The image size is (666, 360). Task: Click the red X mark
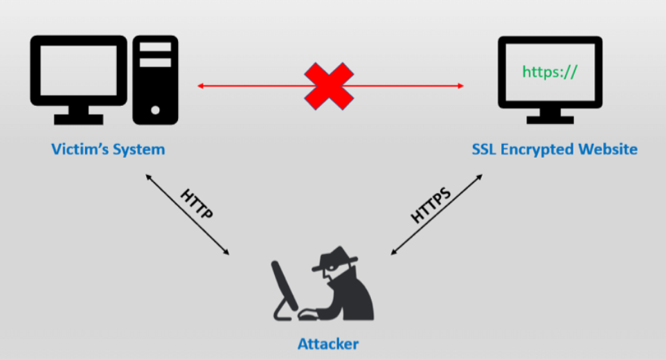(329, 86)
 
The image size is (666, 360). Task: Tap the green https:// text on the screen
(550, 72)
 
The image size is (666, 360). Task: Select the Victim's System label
(108, 150)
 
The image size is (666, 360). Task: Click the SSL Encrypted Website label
(555, 150)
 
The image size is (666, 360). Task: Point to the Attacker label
(328, 343)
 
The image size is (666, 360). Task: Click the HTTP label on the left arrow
(197, 204)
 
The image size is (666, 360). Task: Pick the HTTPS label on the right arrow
(431, 205)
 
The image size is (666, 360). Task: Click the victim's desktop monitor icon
(79, 80)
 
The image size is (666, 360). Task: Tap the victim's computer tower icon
(155, 80)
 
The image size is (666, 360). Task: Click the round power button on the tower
(155, 110)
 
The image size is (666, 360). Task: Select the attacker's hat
(335, 258)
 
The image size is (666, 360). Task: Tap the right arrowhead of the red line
(461, 86)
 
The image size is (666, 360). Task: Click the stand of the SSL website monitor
(550, 116)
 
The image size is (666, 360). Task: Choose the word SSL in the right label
(484, 149)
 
